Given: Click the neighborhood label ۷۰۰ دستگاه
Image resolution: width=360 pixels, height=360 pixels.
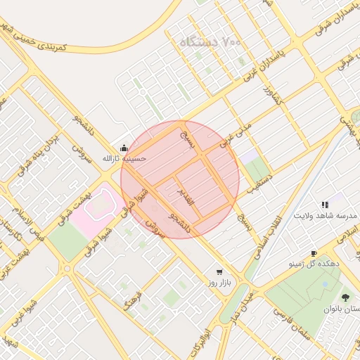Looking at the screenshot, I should (210, 41).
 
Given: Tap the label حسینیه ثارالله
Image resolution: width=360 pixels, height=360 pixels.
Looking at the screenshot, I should (124, 159).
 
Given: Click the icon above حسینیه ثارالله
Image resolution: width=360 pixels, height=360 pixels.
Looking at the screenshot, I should (124, 148).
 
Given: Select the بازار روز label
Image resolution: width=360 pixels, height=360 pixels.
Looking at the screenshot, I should (219, 283).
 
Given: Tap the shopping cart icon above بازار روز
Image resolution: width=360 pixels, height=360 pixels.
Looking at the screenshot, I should (219, 271).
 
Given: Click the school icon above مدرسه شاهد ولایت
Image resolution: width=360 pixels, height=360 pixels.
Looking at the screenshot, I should (324, 204).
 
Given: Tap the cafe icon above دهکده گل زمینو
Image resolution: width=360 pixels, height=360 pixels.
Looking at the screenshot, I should (314, 253).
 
